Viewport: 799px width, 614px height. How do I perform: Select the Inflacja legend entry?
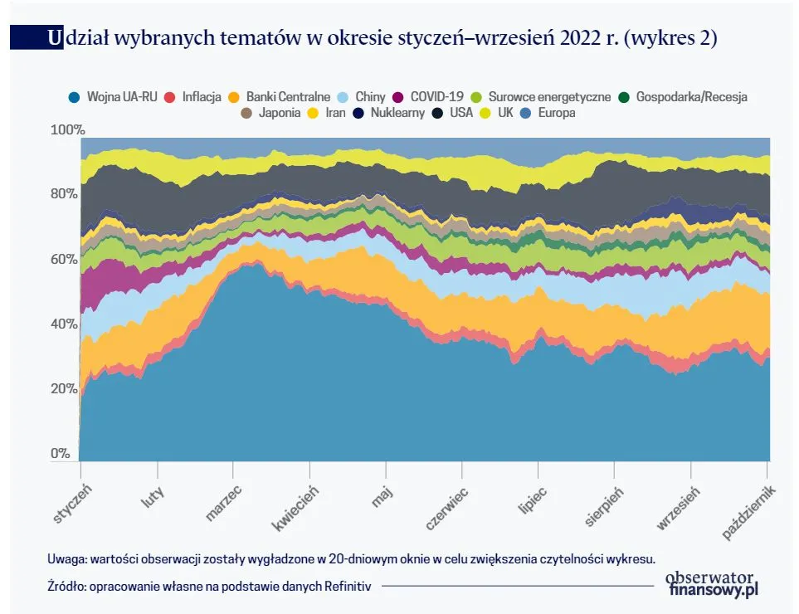200,97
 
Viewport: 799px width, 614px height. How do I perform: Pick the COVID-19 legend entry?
436,97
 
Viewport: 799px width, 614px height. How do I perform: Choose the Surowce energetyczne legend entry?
548,97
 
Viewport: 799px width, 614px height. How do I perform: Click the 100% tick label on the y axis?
67,130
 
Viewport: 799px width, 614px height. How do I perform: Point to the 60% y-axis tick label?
65,260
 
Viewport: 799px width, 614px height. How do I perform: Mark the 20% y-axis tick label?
65,389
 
